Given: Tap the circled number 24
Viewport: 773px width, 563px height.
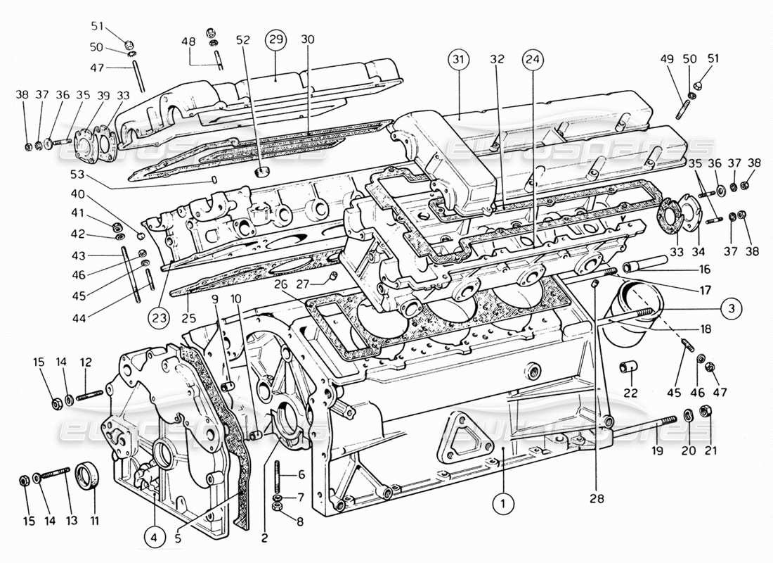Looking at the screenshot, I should click(532, 61).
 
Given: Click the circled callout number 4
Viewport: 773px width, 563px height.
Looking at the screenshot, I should click(155, 538).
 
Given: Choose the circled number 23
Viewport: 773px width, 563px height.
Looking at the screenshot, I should click(161, 318).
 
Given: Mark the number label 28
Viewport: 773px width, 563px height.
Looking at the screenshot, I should click(596, 499).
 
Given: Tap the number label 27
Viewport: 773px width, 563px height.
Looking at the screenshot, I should click(303, 284).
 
